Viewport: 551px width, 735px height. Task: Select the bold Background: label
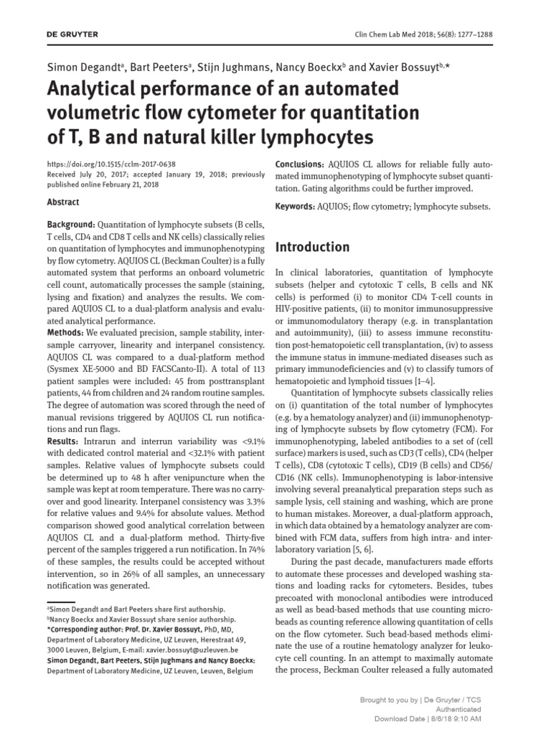70,225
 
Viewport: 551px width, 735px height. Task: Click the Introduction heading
313,247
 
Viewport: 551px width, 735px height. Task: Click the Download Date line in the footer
434,718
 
